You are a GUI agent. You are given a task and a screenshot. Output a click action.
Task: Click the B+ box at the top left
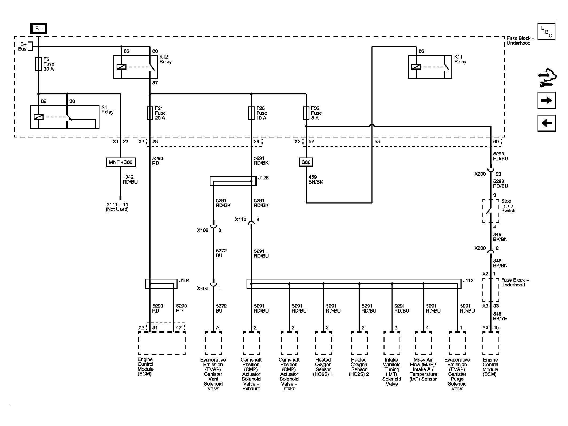[x=39, y=29]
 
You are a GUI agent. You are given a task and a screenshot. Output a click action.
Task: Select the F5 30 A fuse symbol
[x=39, y=64]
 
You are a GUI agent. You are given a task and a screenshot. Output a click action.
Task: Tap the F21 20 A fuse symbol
[x=150, y=113]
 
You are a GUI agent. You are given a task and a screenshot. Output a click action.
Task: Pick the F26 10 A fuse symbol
[x=251, y=113]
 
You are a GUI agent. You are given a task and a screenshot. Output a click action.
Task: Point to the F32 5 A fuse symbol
[x=306, y=113]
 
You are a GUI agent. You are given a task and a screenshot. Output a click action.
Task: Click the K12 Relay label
[x=166, y=59]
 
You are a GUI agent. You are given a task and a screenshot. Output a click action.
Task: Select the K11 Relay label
[x=460, y=59]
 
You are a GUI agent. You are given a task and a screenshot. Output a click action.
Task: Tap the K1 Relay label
[x=108, y=109]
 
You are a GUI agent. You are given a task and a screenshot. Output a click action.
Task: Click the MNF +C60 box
[x=121, y=162]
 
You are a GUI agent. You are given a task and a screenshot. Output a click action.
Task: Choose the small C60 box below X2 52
[x=306, y=162]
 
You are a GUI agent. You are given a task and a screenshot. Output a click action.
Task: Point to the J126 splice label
[x=263, y=178]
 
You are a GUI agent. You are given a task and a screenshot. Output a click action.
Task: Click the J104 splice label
[x=184, y=281]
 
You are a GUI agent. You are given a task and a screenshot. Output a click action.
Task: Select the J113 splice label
[x=468, y=281]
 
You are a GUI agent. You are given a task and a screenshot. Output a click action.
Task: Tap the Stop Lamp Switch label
[x=508, y=206]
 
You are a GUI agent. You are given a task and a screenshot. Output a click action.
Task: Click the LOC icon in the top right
[x=546, y=32]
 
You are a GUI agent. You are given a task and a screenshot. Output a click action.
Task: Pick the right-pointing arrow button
[x=546, y=100]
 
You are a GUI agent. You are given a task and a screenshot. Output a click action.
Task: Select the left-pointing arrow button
[x=546, y=123]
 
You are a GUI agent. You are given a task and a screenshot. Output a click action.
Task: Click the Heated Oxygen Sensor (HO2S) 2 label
[x=359, y=367]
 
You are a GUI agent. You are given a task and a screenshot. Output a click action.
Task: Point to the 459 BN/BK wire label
[x=316, y=179]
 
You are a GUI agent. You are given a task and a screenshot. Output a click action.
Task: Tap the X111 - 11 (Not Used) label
[x=117, y=207]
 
